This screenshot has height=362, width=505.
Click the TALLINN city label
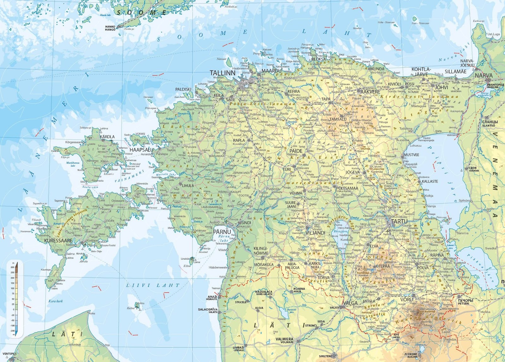click(x=223, y=73)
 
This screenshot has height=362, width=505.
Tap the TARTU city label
click(x=399, y=222)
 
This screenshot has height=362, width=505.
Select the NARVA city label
click(x=484, y=76)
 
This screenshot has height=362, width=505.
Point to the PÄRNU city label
click(x=222, y=232)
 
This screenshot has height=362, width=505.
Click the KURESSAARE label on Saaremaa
click(x=58, y=240)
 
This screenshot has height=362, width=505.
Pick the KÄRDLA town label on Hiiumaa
click(x=107, y=137)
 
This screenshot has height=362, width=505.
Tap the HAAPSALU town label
click(x=141, y=150)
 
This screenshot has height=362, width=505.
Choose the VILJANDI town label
click(x=315, y=233)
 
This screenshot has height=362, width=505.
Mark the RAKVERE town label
click(x=370, y=92)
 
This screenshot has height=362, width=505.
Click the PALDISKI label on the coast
click(x=183, y=89)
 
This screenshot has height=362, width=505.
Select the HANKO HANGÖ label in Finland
click(x=110, y=28)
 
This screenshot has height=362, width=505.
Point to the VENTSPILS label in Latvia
click(x=9, y=354)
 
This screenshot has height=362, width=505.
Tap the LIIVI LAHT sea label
click(x=153, y=285)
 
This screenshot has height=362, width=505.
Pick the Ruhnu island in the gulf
click(x=138, y=305)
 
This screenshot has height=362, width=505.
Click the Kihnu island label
click(x=187, y=266)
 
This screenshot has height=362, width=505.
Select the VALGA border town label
click(x=350, y=303)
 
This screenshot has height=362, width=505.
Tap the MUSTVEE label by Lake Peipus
click(x=411, y=155)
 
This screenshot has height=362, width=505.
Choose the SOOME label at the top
click(x=141, y=13)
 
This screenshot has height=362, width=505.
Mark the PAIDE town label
click(x=296, y=151)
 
